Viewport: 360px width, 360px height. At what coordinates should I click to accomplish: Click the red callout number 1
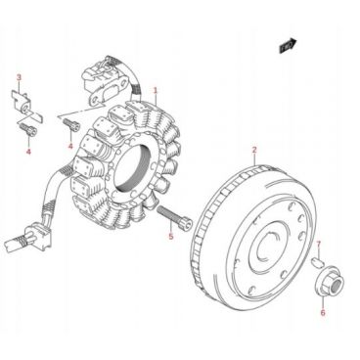(156, 90)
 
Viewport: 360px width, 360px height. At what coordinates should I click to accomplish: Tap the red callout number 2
(254, 150)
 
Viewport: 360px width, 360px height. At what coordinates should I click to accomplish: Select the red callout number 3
(19, 77)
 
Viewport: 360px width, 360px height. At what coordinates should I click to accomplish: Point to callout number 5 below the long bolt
(171, 236)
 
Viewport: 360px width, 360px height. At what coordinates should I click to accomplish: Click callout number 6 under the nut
(323, 313)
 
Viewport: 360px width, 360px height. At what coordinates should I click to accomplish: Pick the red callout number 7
(319, 245)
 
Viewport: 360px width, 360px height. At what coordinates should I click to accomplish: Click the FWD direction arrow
(289, 45)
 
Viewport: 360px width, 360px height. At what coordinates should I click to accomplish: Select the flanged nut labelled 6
(330, 282)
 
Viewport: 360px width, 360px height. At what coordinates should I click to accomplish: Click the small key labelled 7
(317, 261)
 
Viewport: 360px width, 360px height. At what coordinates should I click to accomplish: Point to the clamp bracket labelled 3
(25, 105)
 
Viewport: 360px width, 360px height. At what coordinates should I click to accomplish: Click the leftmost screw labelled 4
(27, 130)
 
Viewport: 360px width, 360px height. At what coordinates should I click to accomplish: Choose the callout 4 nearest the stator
(70, 146)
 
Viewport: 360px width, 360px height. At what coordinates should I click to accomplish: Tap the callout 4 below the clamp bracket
(28, 152)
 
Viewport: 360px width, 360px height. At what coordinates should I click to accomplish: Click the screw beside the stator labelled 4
(70, 124)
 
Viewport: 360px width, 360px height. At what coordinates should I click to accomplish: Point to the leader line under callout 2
(254, 160)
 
